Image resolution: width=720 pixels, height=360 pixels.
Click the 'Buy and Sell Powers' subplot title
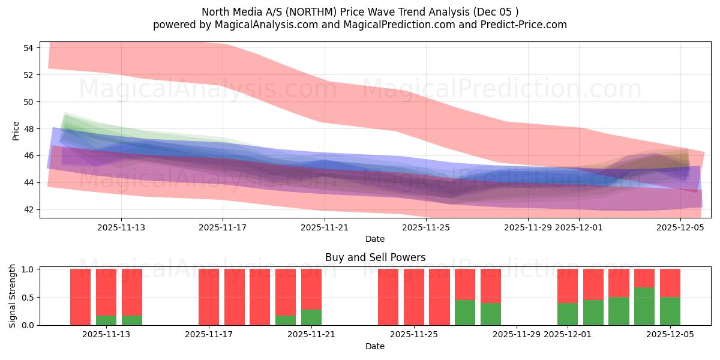tap(375, 257)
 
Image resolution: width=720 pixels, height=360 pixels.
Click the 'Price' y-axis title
tap(16, 131)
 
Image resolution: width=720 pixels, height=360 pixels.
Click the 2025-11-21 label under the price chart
tap(325, 227)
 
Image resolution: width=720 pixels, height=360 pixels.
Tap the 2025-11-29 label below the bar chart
tap(517, 335)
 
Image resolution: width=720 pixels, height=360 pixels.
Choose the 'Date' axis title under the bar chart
tap(375, 346)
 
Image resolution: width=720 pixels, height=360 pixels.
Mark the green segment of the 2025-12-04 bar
tap(644, 307)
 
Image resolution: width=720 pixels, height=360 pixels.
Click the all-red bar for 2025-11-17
tap(209, 297)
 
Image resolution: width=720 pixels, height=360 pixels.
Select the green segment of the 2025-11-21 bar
tap(311, 317)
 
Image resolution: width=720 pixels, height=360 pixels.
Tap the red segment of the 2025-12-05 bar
tap(670, 283)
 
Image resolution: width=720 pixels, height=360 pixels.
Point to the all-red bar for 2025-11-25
tap(414, 297)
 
